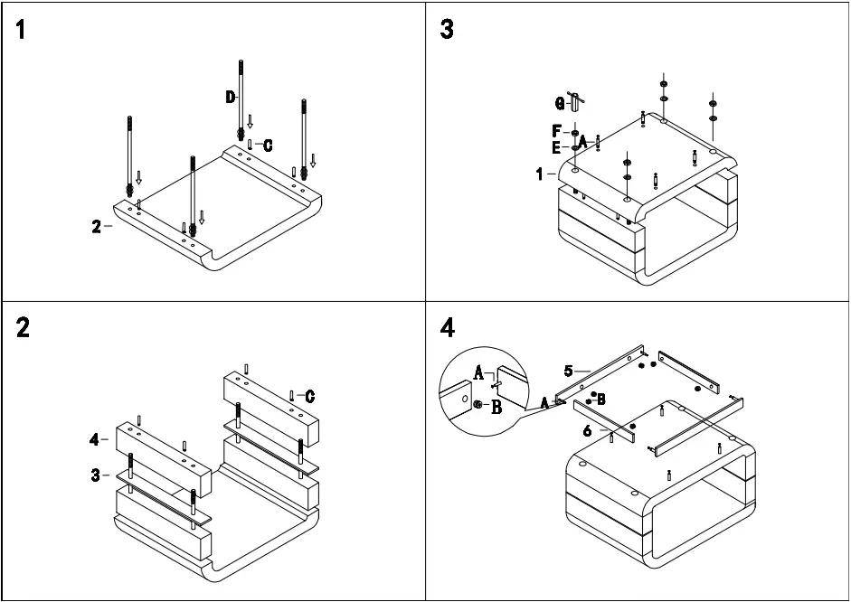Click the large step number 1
(21, 31)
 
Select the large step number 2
(23, 326)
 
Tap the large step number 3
(447, 30)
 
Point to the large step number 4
(448, 326)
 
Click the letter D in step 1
(231, 97)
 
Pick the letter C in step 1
(268, 145)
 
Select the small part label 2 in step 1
(96, 227)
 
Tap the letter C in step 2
(309, 396)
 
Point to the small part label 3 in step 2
(96, 475)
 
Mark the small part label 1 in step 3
(540, 174)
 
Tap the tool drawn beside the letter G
(574, 101)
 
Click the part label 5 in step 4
(568, 370)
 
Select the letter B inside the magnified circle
(496, 407)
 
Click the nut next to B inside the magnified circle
(478, 406)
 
